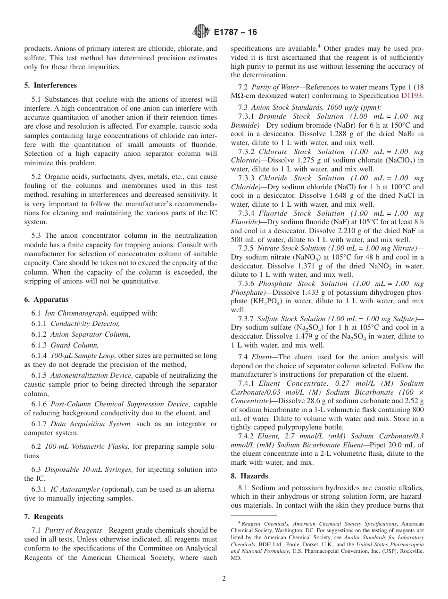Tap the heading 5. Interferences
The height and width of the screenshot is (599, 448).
pyautogui.click(x=50, y=85)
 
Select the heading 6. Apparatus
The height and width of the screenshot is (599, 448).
pyautogui.click(x=46, y=299)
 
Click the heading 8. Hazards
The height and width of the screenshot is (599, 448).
pyautogui.click(x=249, y=476)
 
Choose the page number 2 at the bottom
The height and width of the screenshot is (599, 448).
pyautogui.click(x=224, y=579)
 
